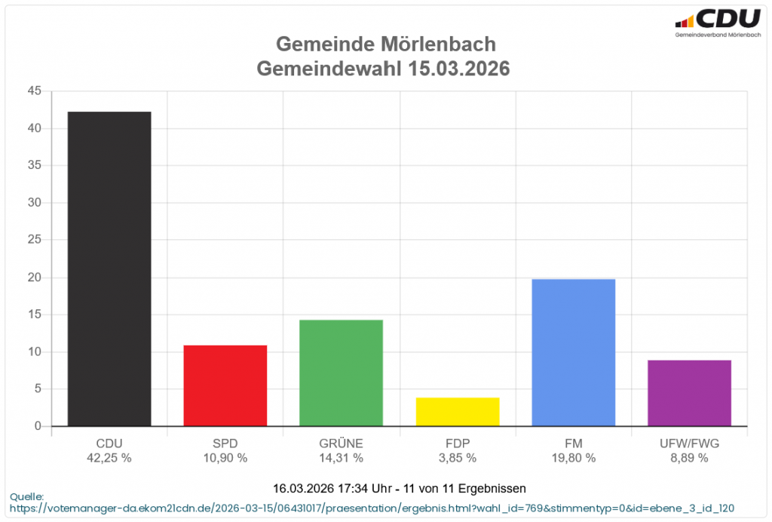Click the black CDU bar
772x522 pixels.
coord(109,269)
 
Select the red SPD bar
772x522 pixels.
coord(225,385)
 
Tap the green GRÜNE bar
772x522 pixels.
coord(341,373)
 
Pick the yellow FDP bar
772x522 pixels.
coord(458,412)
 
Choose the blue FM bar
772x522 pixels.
coord(573,352)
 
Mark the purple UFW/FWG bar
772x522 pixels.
coord(689,393)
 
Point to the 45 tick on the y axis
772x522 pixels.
coord(34,91)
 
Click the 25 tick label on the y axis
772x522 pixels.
coord(34,240)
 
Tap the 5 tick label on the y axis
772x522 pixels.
coord(37,389)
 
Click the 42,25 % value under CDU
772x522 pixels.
coord(109,458)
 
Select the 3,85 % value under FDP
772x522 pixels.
coord(458,458)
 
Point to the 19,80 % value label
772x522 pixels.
coord(573,458)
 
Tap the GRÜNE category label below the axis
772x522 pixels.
coord(341,443)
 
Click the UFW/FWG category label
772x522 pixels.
coord(689,443)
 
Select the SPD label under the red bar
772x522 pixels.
coord(225,443)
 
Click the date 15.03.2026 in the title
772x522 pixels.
coord(459,69)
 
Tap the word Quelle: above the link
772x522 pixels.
coord(26,496)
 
